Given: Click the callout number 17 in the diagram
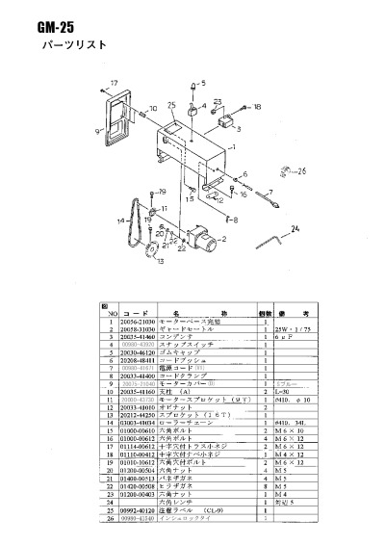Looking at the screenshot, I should (x=113, y=82).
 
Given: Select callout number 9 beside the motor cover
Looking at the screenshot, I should (x=96, y=126).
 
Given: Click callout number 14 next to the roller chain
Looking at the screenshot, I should (x=120, y=221).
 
